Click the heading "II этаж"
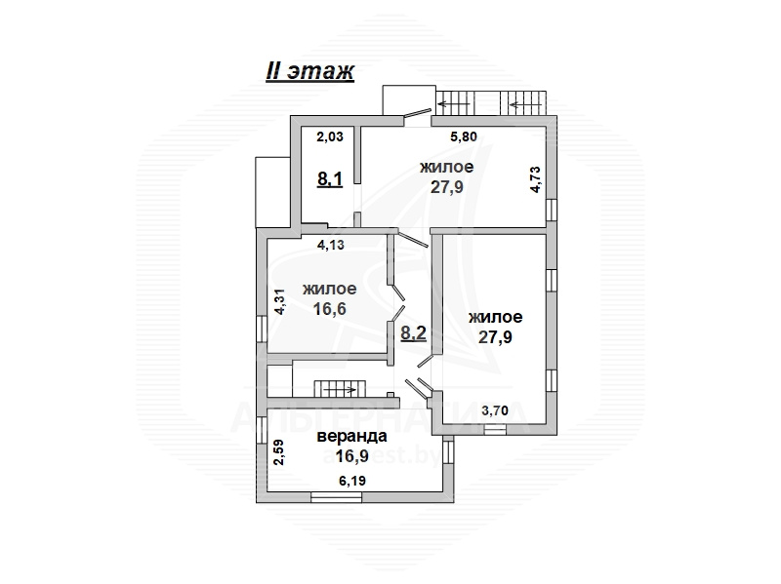(309, 71)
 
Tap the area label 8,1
(330, 178)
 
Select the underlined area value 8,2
(413, 332)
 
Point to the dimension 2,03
(330, 136)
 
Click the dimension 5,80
(464, 136)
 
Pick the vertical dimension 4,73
(535, 179)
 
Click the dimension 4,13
(331, 245)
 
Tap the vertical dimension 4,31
(280, 301)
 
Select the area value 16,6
(329, 309)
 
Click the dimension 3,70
(495, 410)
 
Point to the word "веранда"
(352, 436)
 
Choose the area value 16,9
(352, 455)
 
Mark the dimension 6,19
(352, 481)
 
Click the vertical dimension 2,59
(279, 451)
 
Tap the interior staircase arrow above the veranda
(340, 390)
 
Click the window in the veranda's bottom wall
(337, 496)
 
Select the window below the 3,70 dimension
(495, 429)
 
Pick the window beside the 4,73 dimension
(551, 210)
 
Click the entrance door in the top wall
(418, 114)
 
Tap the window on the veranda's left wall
(262, 430)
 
